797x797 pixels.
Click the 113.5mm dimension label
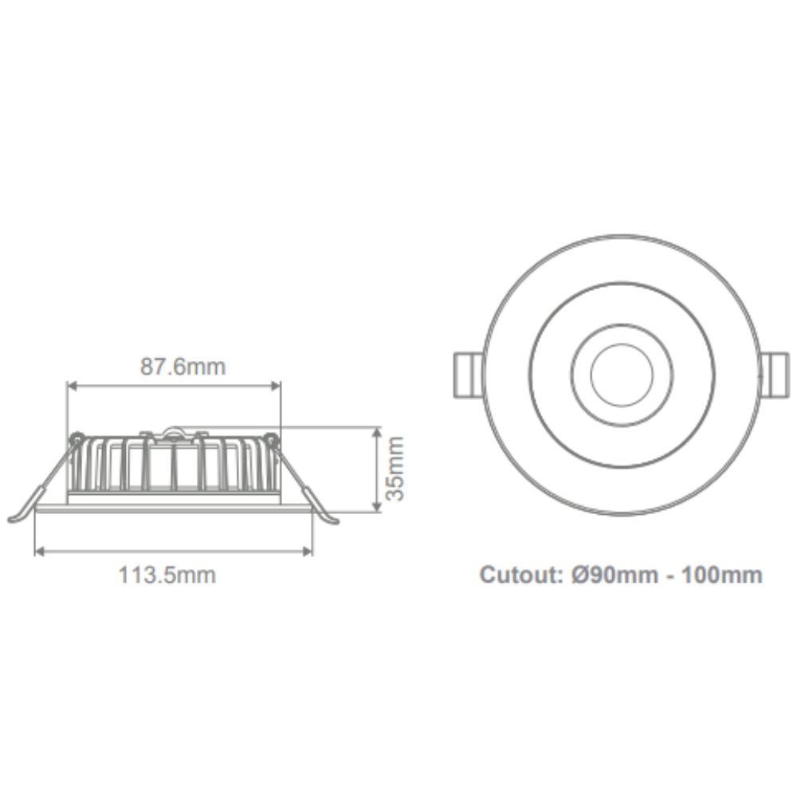167,574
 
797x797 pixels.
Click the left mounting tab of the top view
467,374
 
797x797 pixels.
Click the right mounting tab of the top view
772,374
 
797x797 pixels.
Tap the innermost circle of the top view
622,373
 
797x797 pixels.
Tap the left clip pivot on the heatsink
77,438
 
